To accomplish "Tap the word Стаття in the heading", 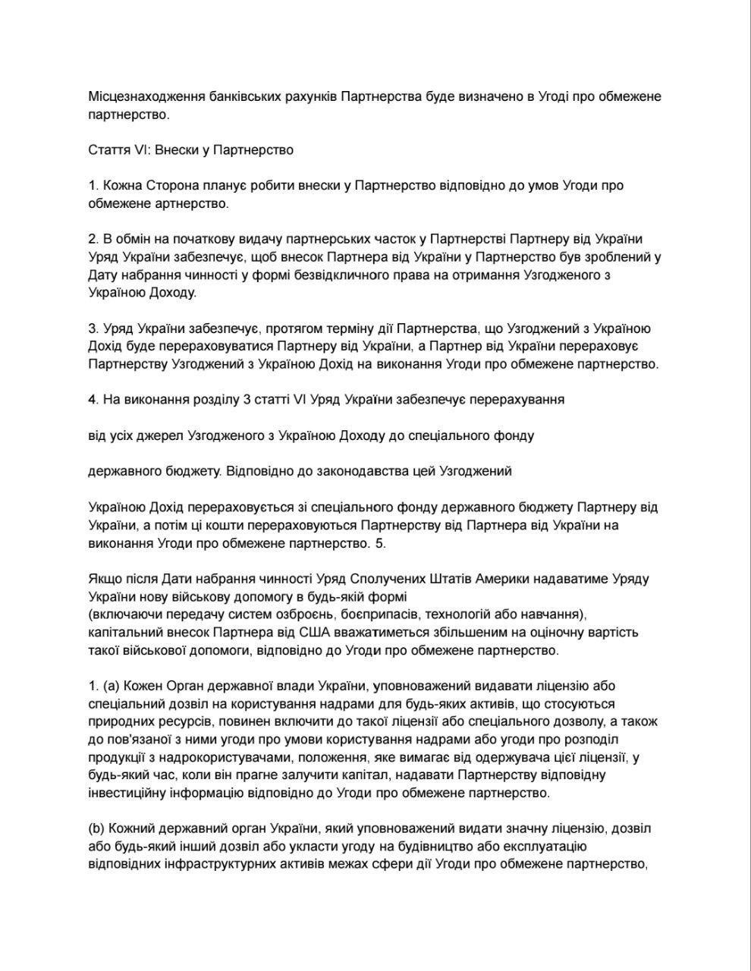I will [109, 150].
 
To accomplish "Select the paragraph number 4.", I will [93, 400].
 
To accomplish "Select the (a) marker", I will [111, 686].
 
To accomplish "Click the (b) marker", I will [97, 828].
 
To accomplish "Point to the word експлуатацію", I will [551, 846].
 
